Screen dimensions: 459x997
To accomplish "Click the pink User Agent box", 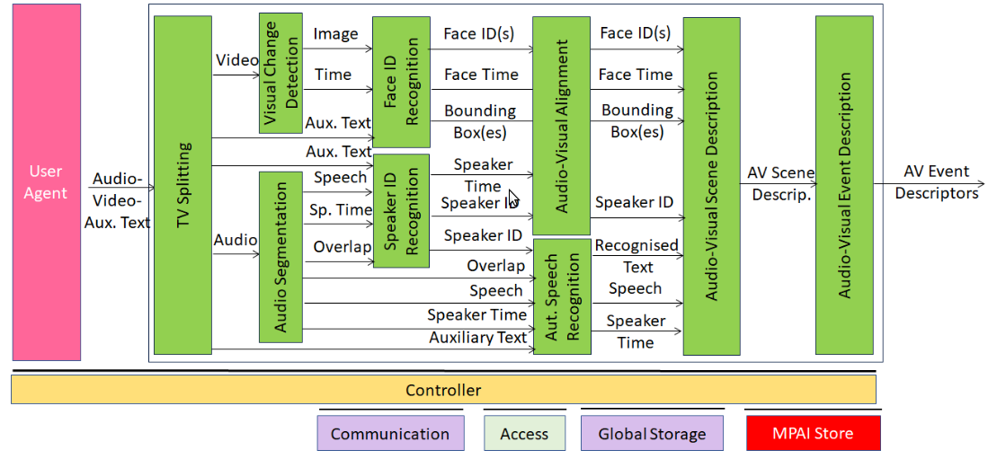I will (x=46, y=181).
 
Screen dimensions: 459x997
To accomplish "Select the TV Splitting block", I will (x=182, y=184).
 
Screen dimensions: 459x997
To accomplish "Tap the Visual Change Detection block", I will (x=280, y=74).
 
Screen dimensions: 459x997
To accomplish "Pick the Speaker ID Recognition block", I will (x=401, y=210).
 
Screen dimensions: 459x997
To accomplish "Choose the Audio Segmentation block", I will (x=280, y=257).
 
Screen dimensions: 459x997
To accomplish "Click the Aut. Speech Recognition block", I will (x=562, y=296).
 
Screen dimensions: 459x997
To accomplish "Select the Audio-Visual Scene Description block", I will (x=711, y=186).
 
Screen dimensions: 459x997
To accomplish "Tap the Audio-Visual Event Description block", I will (x=844, y=184).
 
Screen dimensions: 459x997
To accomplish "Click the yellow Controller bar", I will (x=443, y=390).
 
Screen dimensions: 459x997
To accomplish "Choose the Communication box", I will (x=390, y=434).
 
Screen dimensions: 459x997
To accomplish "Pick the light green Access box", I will (x=524, y=434).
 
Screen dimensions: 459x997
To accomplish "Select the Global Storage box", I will (x=652, y=434).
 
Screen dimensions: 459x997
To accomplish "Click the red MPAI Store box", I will (x=813, y=434).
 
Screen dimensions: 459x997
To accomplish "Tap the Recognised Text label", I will (x=636, y=256).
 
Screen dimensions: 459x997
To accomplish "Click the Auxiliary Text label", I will (x=477, y=338).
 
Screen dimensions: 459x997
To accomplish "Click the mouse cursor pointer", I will (x=512, y=199).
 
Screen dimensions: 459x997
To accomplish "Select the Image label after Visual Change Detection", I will (x=335, y=34).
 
